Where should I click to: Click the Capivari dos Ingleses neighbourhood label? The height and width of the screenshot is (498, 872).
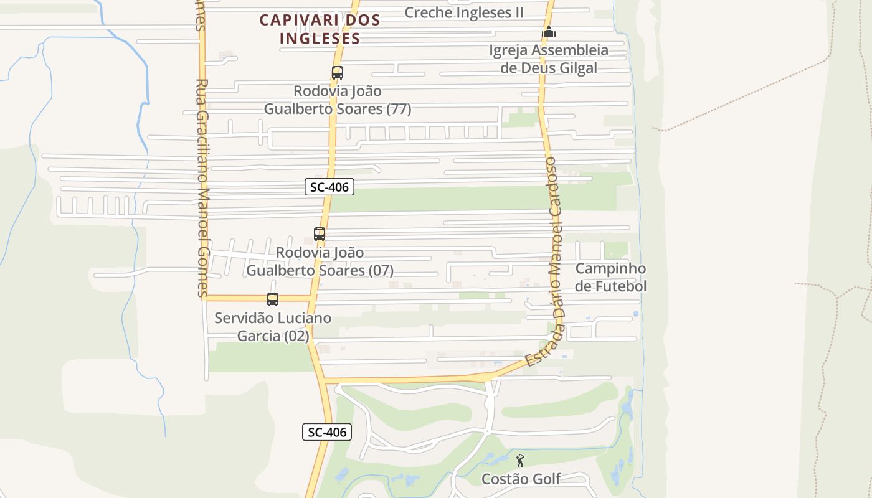pos(320,29)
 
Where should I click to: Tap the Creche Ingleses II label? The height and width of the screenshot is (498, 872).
pos(464,12)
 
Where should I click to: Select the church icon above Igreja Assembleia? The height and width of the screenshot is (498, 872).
pos(548,32)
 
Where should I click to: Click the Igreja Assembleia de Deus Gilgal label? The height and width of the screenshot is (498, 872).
pos(548,59)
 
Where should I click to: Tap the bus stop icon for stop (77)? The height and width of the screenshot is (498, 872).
pos(338,73)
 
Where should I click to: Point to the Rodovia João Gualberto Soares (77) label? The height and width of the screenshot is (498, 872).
pos(338,100)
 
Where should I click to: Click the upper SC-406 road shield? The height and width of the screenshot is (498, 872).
pos(329,187)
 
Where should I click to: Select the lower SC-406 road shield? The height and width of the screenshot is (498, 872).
pos(327,432)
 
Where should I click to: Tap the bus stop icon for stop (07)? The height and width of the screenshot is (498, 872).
pos(320,234)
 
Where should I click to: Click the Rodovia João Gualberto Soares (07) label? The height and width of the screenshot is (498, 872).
pos(320,261)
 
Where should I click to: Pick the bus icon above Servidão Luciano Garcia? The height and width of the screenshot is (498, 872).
pos(273,299)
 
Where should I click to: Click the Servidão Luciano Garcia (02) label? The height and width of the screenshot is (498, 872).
pos(273,327)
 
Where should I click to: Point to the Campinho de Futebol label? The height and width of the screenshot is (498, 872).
pos(610,278)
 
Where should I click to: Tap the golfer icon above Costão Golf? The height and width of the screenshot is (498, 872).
pos(521,461)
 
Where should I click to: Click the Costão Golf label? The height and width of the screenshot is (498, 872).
pos(521,479)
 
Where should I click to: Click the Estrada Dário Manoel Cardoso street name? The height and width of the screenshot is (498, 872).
pos(552,261)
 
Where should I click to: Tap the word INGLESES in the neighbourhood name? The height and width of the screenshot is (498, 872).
pos(320,38)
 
